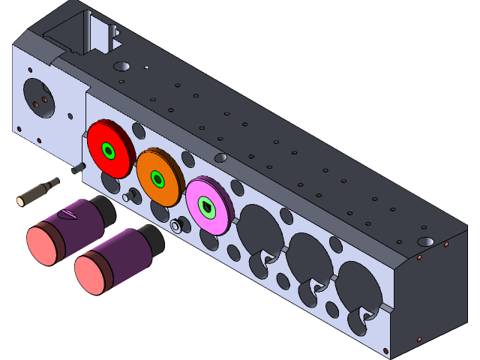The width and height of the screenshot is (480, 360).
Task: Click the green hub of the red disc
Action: [x=109, y=152]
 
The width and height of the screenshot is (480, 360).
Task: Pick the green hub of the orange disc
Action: [x=157, y=179]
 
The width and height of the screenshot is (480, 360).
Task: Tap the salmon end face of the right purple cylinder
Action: [x=94, y=271]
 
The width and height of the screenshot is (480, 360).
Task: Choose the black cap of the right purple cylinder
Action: [x=152, y=239]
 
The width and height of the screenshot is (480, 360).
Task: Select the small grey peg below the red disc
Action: [x=128, y=196]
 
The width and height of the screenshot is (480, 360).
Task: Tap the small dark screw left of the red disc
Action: [x=76, y=169]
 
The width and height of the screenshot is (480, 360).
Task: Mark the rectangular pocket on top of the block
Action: [x=75, y=34]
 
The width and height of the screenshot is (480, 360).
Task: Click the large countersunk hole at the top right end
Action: [x=425, y=241]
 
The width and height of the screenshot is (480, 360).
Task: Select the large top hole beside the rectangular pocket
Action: [x=121, y=66]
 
